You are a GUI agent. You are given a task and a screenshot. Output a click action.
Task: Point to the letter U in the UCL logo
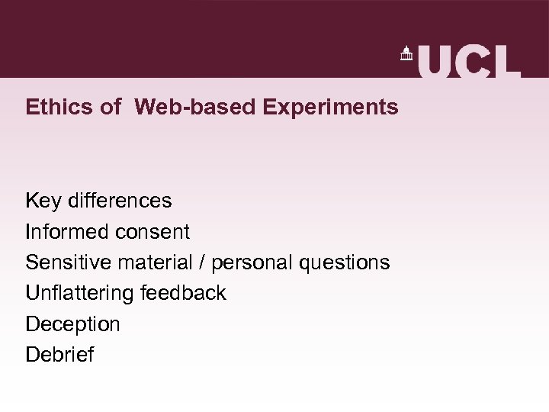(435, 61)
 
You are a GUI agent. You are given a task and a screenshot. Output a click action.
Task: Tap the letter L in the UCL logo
(506, 61)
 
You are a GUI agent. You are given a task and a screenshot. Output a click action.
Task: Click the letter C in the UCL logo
(472, 61)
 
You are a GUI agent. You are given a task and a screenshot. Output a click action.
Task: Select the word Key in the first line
(43, 201)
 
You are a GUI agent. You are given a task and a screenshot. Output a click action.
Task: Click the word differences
(120, 201)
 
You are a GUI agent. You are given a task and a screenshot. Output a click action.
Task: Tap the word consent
(152, 231)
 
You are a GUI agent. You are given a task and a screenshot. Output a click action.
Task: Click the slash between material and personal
(202, 262)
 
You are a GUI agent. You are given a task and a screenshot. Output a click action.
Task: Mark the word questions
(345, 262)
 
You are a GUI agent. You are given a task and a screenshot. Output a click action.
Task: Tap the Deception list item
(72, 324)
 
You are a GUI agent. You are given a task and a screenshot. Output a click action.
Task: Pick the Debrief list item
(59, 355)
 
